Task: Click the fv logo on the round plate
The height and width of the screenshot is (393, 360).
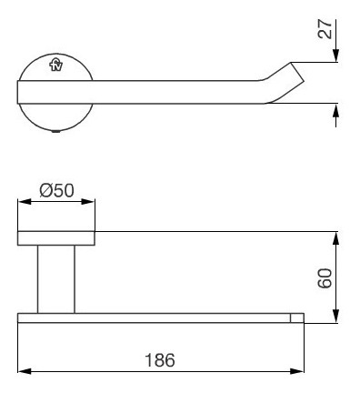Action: coord(56,65)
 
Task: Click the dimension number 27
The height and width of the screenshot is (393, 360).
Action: coord(325,29)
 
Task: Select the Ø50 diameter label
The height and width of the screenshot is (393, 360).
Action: coord(56,191)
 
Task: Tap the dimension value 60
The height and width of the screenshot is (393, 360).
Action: coord(325,278)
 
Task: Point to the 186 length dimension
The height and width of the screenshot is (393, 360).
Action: coord(160,360)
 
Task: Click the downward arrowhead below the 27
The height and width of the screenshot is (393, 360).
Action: coord(335,55)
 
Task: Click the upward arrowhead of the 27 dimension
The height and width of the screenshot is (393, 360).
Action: coord(335,110)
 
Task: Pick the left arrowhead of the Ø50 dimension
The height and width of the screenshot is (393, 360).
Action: coord(25,201)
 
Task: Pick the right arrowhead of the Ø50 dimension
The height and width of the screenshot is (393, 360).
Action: coord(88,201)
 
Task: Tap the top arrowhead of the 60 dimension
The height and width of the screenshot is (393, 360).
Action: coord(335,238)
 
